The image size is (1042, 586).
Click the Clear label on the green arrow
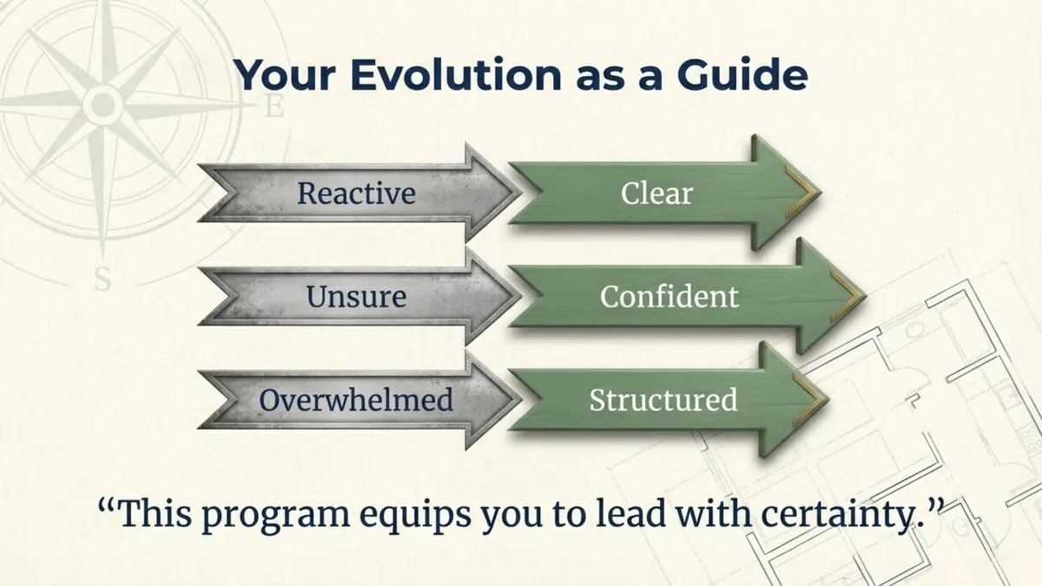pos(656,193)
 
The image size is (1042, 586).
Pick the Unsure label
pos(356,297)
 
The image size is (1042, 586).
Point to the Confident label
pos(669,297)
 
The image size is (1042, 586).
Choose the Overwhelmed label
pos(356,400)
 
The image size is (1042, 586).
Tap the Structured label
pos(663,400)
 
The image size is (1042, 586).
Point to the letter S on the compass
pos(102,280)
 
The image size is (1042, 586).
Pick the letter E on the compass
pos(274,108)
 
